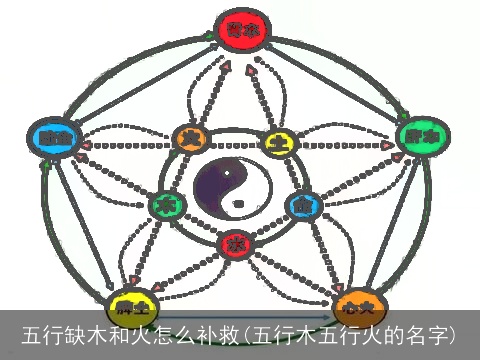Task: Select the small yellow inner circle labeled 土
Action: (x=277, y=142)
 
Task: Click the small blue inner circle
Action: (x=300, y=206)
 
